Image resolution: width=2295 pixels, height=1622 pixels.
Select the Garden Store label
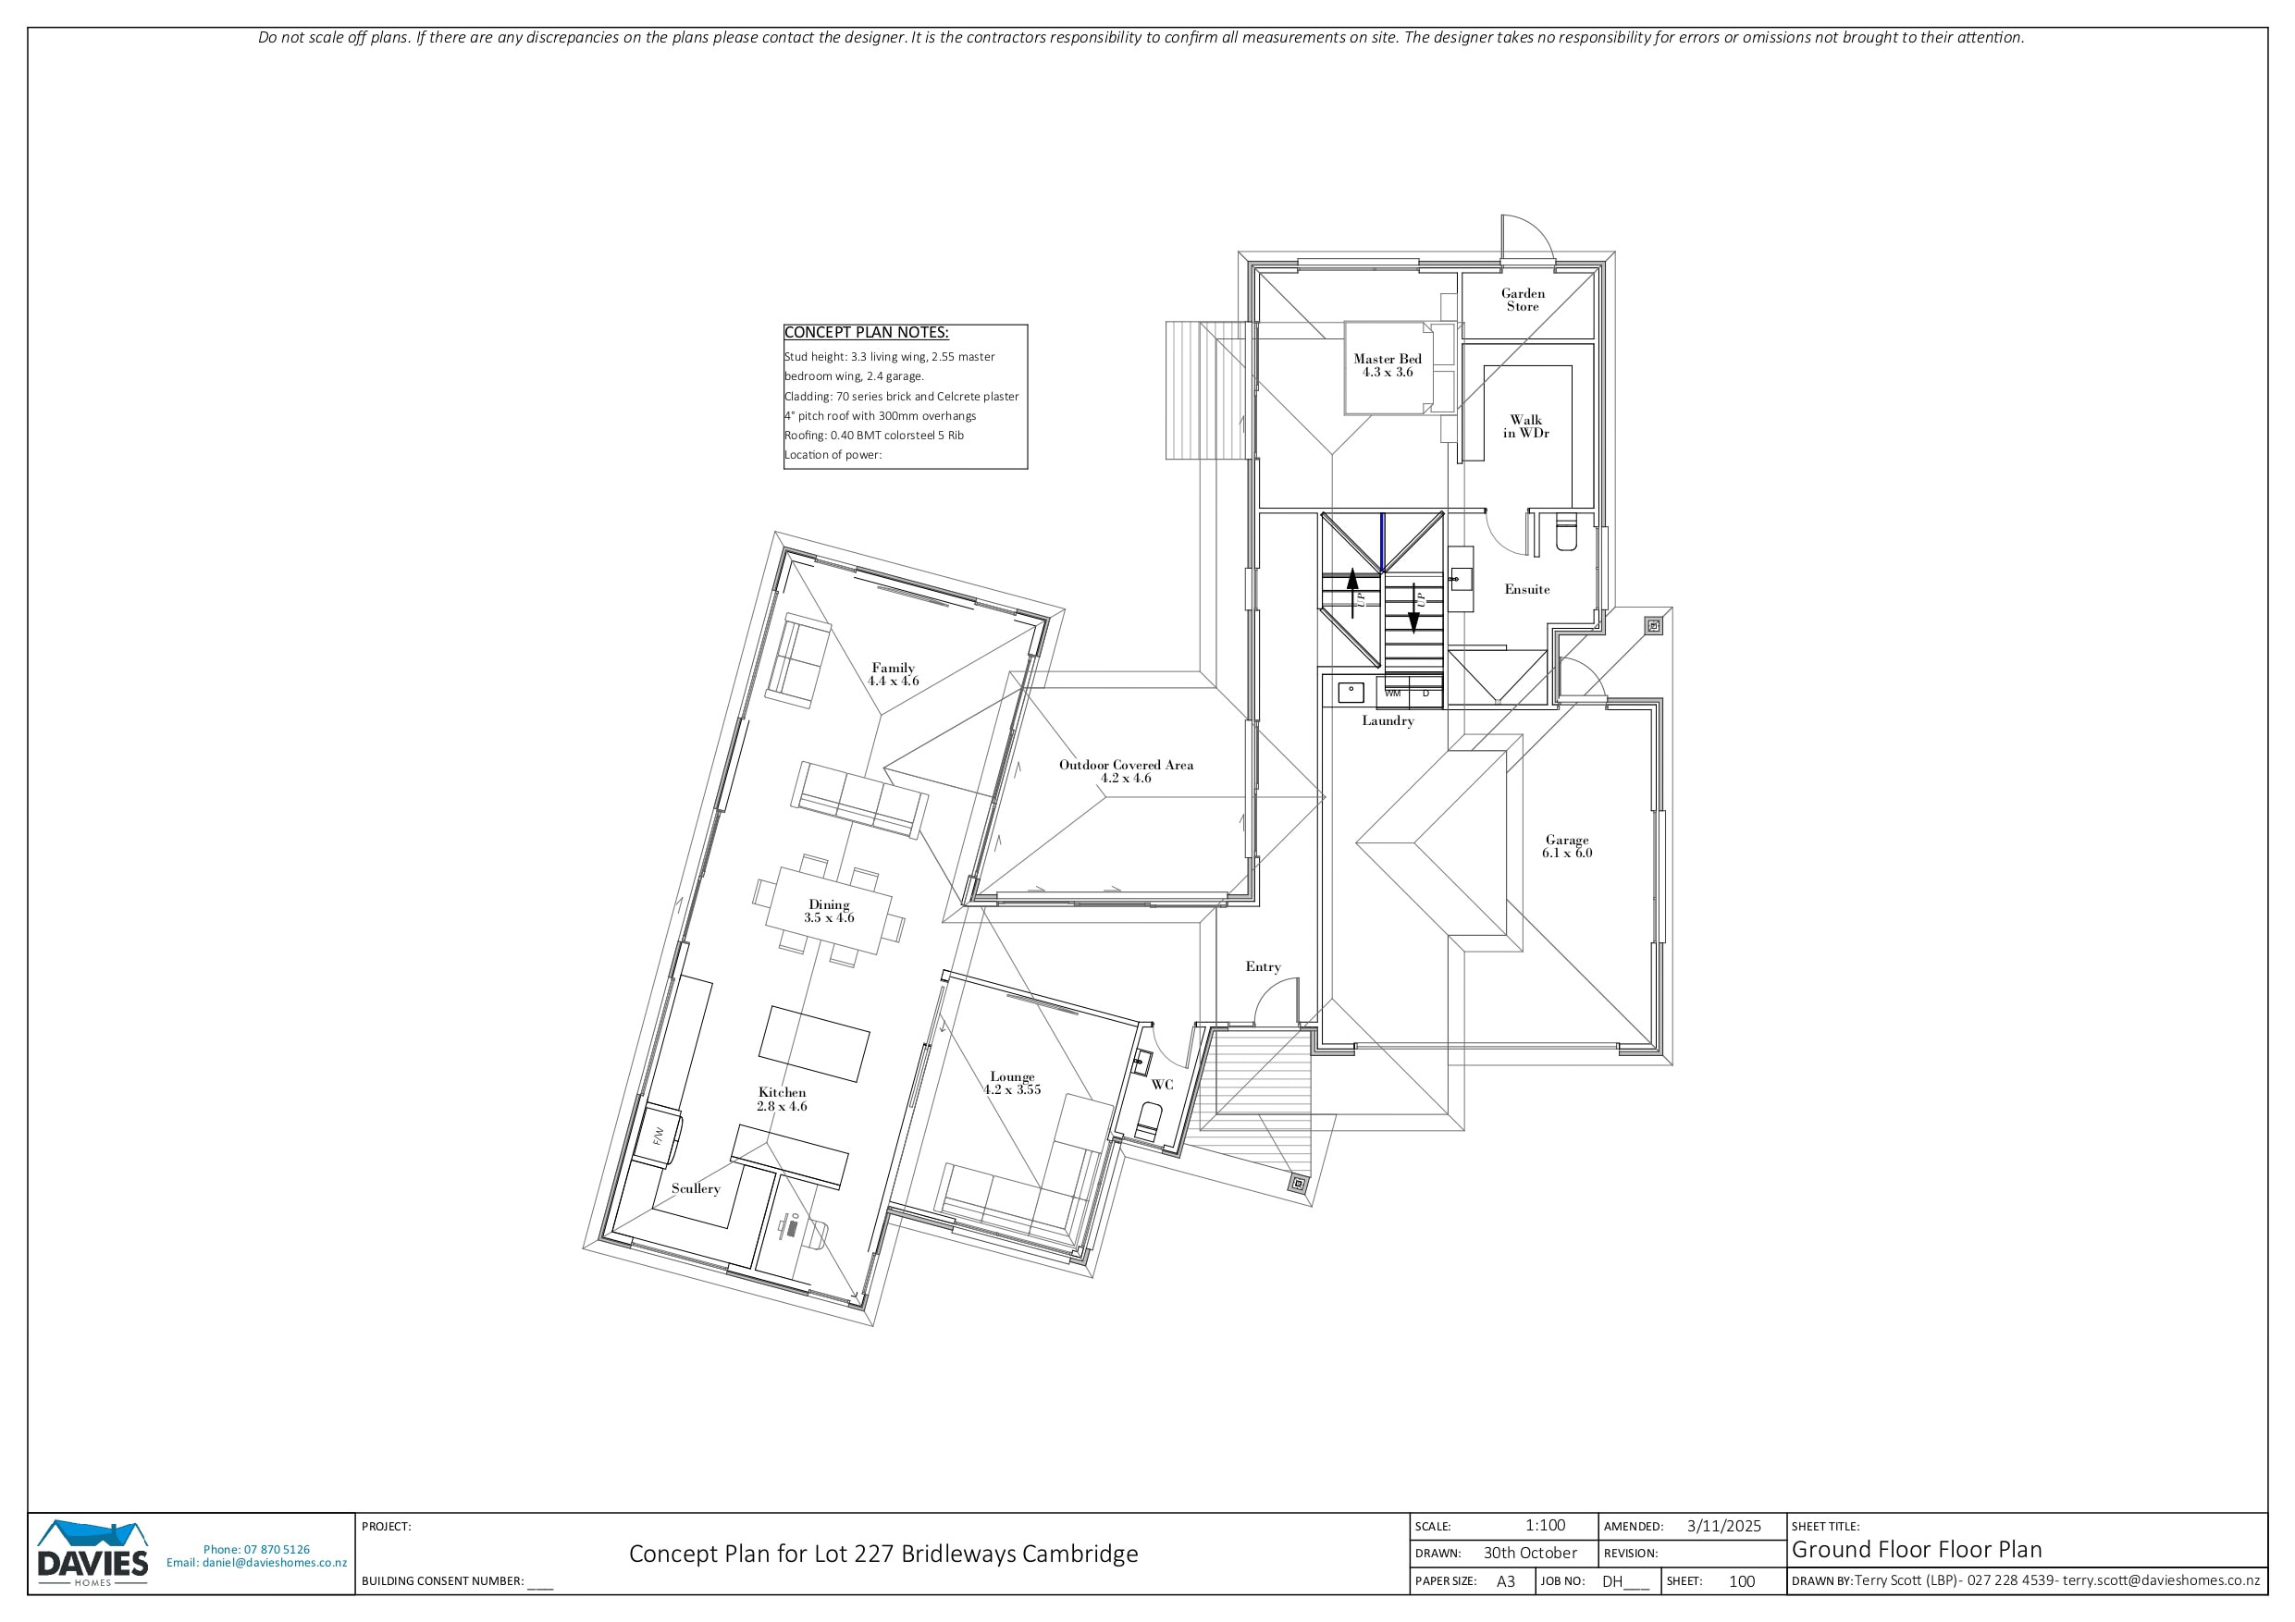pos(1523,300)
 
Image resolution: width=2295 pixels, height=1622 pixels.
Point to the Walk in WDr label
pos(1525,426)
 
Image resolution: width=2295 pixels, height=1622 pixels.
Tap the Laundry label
pos(1388,720)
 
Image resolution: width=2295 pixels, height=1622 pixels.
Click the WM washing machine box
pos(1392,693)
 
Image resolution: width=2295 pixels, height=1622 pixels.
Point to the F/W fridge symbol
pos(659,1136)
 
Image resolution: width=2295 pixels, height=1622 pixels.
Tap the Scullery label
pos(696,1188)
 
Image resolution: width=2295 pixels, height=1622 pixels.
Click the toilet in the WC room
pos(1146,1124)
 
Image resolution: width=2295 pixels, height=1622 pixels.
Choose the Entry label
pos(1264,966)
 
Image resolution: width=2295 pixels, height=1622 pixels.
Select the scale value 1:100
pos(1546,1526)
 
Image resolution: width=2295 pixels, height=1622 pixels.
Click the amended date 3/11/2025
pos(1724,1526)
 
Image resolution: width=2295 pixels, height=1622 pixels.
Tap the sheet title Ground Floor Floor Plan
pos(1916,1550)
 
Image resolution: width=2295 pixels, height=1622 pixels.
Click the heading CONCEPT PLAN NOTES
pos(866,333)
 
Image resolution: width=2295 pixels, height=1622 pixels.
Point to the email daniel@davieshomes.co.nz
pos(275,1563)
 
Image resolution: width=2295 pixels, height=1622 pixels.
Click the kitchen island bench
pos(814,1043)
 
